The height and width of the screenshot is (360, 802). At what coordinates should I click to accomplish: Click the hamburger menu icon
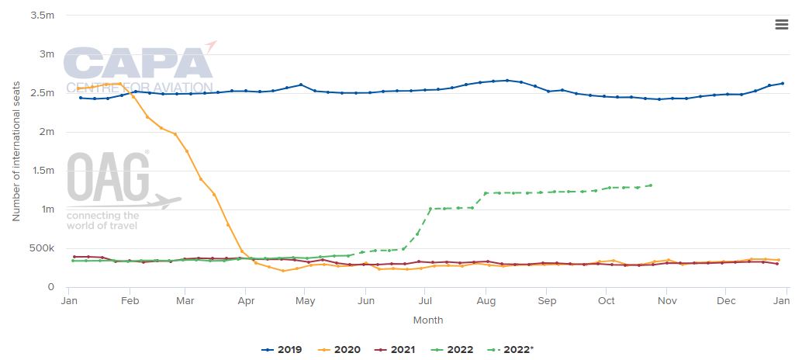click(x=781, y=25)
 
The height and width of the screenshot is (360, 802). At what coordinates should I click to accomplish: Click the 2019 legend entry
click(x=282, y=350)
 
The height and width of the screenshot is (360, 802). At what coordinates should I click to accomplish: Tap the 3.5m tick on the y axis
click(x=40, y=16)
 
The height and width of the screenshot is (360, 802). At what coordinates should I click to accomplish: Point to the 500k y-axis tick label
click(x=40, y=248)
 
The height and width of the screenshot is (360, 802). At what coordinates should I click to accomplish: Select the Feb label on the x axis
click(x=130, y=301)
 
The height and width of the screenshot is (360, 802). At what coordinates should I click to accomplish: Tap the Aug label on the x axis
click(x=486, y=301)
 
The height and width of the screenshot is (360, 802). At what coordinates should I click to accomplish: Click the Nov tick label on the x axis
click(x=666, y=301)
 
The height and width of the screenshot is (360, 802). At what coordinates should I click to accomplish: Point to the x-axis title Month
click(x=428, y=320)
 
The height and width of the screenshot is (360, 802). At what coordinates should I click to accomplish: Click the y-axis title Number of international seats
click(x=16, y=151)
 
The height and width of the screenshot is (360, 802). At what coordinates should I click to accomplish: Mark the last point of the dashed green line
click(x=650, y=185)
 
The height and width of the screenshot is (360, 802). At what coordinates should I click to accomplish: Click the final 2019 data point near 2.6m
click(x=782, y=83)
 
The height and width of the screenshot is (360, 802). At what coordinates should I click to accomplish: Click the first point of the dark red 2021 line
click(x=74, y=257)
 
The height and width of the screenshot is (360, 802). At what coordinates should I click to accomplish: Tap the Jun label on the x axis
click(x=365, y=301)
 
